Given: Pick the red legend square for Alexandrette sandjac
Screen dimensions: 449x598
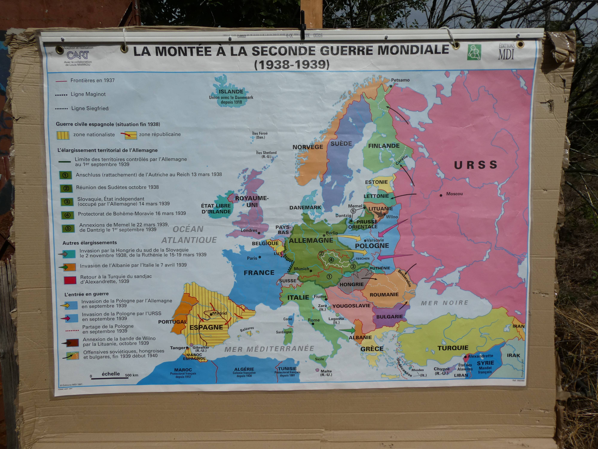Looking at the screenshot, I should pyautogui.click(x=70, y=280).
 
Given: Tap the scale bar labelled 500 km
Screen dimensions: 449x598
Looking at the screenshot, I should pyautogui.click(x=109, y=378).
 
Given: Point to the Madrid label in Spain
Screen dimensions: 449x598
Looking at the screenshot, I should pyautogui.click(x=219, y=313).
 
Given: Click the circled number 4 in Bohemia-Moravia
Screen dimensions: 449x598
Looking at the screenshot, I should pyautogui.click(x=331, y=260).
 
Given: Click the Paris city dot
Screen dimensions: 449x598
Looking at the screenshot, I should pyautogui.click(x=260, y=257).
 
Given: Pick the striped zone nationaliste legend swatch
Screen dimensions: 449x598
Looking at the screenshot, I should pyautogui.click(x=63, y=135).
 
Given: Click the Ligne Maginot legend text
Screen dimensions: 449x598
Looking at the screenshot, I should pyautogui.click(x=88, y=94).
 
